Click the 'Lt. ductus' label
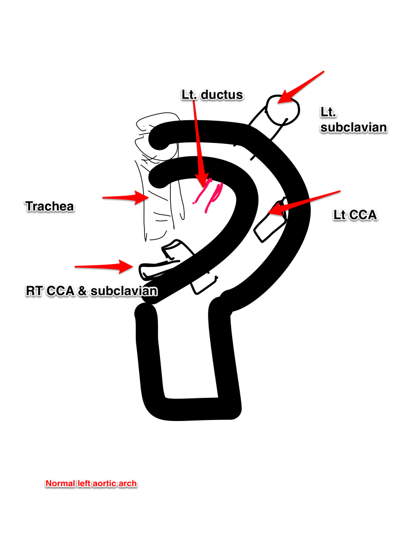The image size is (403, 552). pyautogui.click(x=212, y=95)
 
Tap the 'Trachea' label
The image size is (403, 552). pyautogui.click(x=49, y=205)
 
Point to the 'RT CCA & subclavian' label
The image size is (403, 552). pyautogui.click(x=92, y=291)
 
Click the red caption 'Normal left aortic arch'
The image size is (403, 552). pyautogui.click(x=91, y=484)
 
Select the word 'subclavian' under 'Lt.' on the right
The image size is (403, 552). pyautogui.click(x=353, y=127)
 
